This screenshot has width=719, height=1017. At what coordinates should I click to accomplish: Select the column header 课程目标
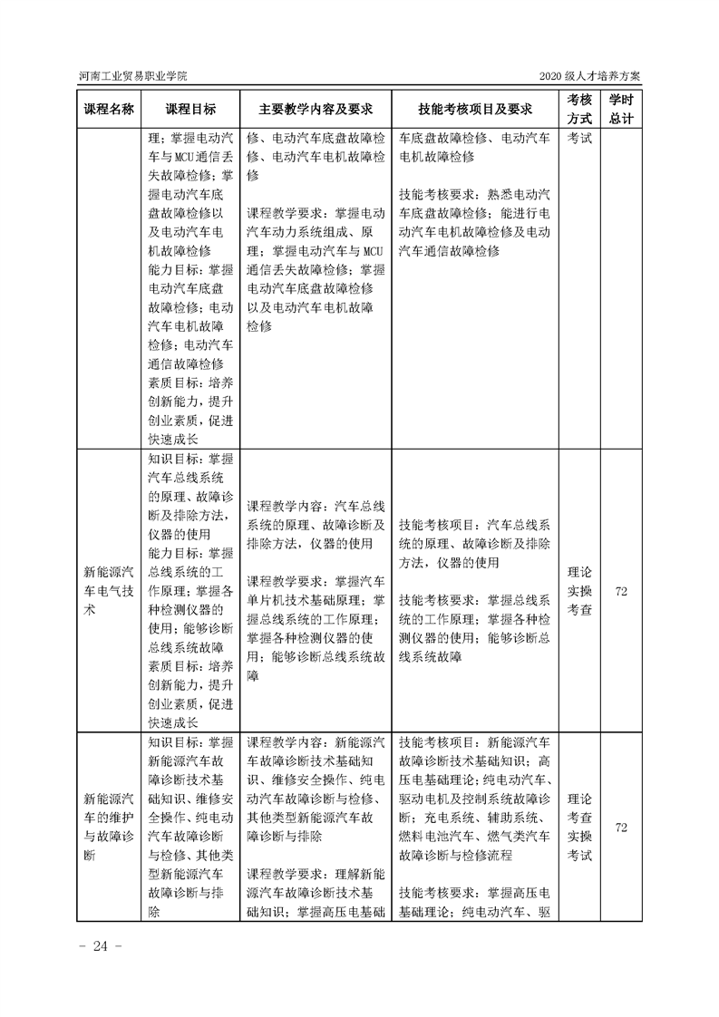(190, 109)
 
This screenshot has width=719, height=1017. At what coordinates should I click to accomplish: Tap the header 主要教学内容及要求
(315, 109)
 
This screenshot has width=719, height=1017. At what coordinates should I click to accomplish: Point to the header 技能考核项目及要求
(474, 109)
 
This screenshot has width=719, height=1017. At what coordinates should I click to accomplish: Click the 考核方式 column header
(579, 109)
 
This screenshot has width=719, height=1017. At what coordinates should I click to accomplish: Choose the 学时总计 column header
(621, 109)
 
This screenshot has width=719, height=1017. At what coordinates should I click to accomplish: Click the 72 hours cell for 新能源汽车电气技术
(621, 591)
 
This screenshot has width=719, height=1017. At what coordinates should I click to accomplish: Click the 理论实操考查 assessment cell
(579, 591)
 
